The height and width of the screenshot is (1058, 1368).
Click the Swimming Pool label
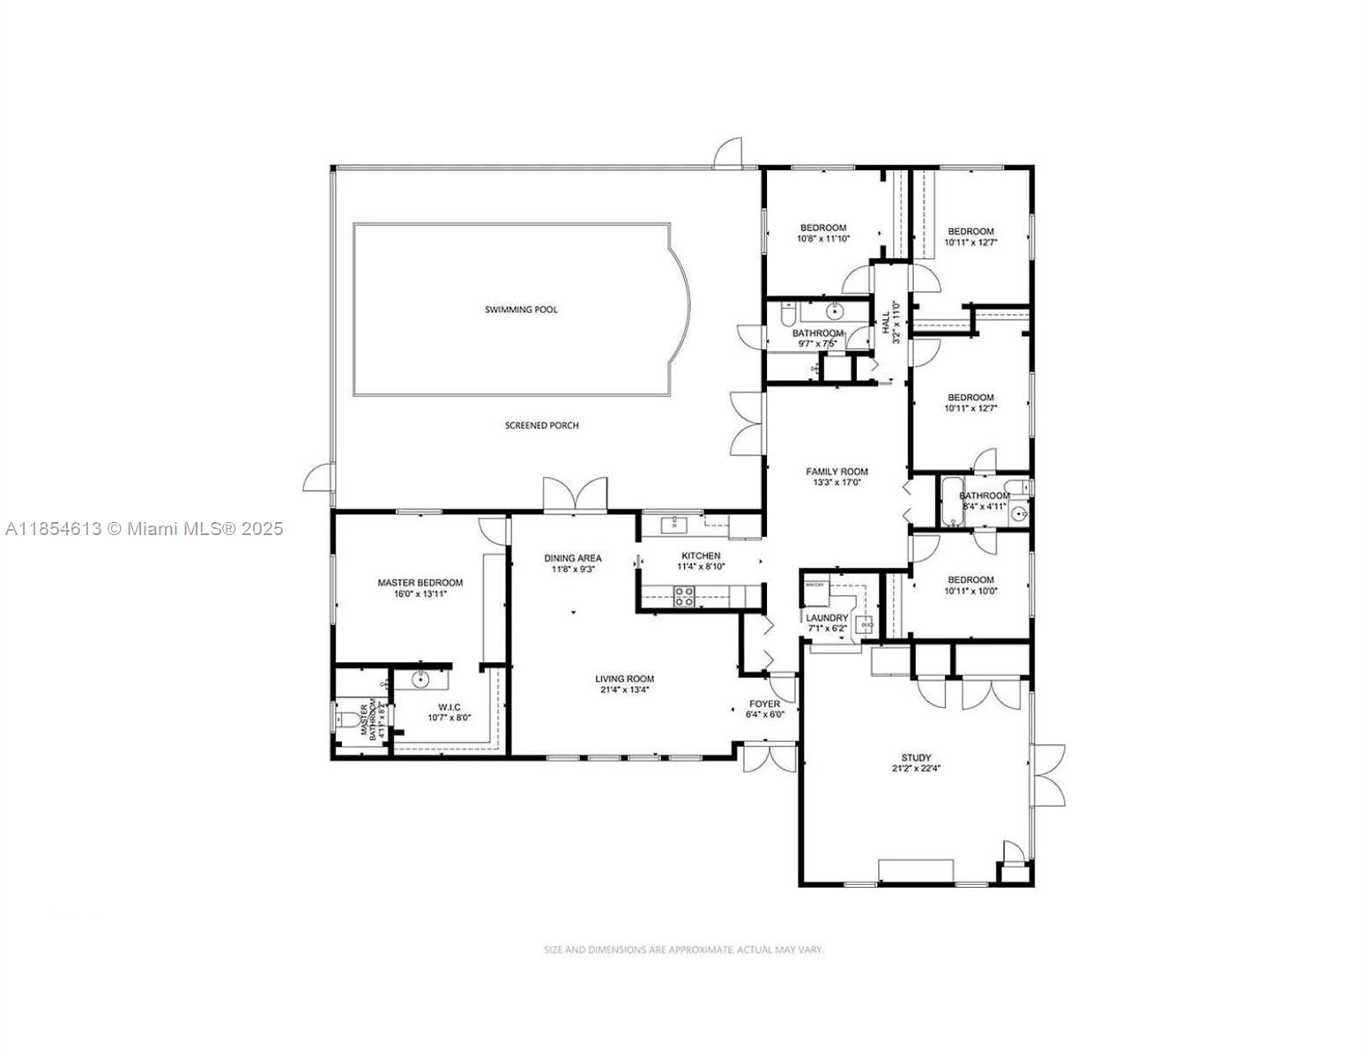[x=521, y=309]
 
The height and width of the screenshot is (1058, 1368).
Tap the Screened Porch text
[x=541, y=426]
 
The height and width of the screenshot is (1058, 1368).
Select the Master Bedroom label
[x=420, y=583]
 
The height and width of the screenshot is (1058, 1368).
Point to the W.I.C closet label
[x=449, y=706]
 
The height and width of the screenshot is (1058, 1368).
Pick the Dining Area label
[x=572, y=558]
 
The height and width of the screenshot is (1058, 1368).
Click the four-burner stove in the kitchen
[x=684, y=598]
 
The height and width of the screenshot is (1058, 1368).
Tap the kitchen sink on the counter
[x=674, y=525]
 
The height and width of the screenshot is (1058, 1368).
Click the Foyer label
[x=764, y=704]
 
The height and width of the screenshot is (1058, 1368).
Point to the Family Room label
[x=836, y=472]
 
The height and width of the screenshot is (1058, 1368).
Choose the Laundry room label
[x=827, y=618]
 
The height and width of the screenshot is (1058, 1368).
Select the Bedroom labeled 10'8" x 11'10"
[x=823, y=228]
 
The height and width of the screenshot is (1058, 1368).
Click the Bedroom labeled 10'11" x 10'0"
[x=970, y=580]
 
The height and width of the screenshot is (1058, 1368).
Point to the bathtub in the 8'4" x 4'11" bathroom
[x=952, y=503]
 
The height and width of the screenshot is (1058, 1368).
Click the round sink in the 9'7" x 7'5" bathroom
[x=833, y=311]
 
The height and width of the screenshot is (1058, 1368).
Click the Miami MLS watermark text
[x=145, y=529]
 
